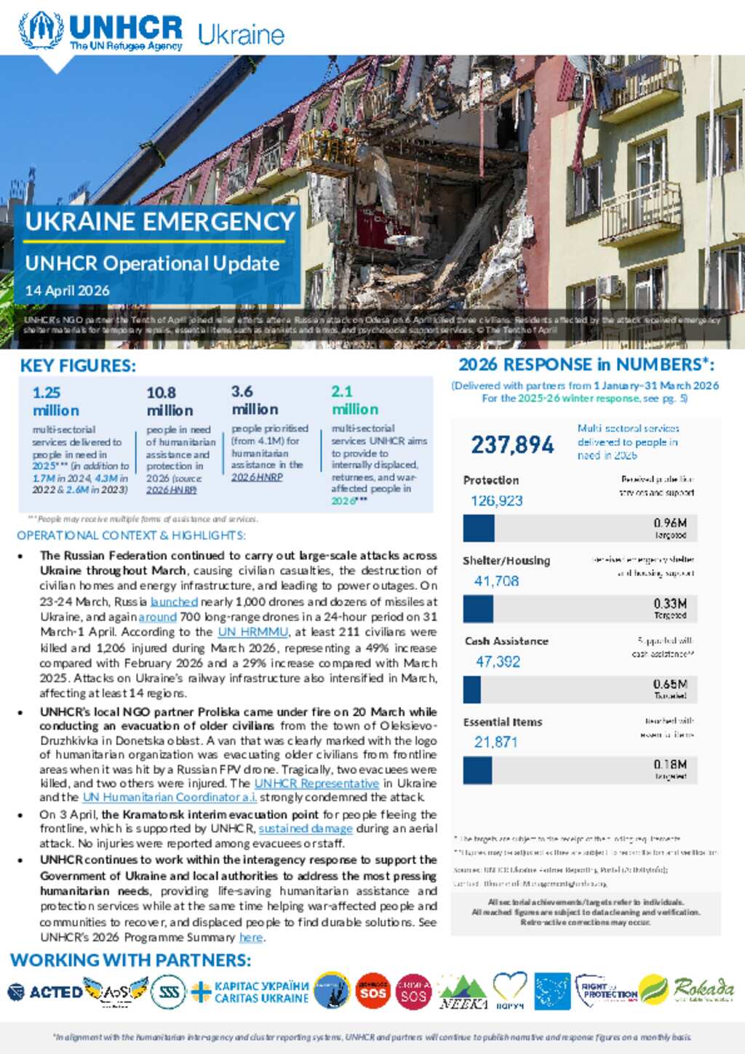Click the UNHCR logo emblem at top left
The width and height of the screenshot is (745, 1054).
41,30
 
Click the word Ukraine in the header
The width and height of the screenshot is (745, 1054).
241,34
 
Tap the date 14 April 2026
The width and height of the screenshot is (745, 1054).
67,290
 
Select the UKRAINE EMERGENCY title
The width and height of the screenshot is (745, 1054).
160,222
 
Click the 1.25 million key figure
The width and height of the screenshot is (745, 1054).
55,402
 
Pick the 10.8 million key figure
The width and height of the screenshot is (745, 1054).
169,402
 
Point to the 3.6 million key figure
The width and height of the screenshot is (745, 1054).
254,400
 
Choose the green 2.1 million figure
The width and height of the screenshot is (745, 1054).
354,400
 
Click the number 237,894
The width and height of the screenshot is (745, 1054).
512,444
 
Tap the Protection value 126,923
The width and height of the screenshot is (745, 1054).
496,500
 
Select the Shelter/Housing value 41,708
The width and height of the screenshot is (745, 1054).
496,581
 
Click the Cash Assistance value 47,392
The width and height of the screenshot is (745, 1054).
498,662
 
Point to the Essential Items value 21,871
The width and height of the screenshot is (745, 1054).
495,742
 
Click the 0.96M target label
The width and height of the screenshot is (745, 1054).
670,523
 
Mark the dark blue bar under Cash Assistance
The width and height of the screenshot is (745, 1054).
471,690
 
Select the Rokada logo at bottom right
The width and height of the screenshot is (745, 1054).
703,989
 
